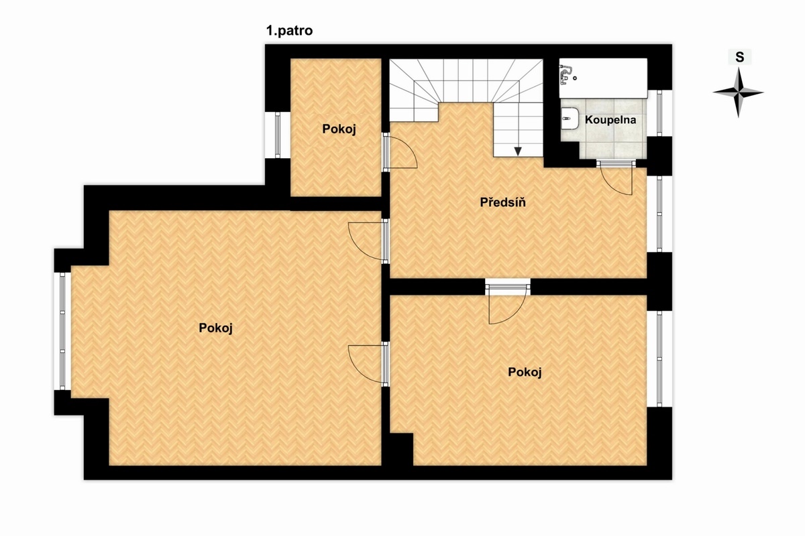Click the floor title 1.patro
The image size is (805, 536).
click(x=289, y=31)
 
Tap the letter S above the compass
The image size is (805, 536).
click(x=739, y=57)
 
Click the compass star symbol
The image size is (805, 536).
click(x=738, y=92)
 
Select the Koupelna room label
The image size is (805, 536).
click(x=610, y=120)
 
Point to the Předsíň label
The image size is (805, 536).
click(x=502, y=202)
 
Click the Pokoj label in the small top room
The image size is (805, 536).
click(x=339, y=129)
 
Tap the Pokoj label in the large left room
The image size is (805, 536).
click(x=215, y=328)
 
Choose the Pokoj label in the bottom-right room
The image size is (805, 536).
click(x=525, y=373)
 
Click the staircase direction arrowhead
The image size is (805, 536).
click(x=517, y=151)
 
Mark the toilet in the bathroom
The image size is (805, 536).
click(x=570, y=118)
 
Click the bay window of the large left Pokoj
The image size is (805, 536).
click(x=62, y=331)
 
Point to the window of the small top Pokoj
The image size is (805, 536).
click(x=278, y=135)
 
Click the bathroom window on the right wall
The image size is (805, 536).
click(x=659, y=113)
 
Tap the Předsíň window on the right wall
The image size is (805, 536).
click(x=659, y=214)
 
